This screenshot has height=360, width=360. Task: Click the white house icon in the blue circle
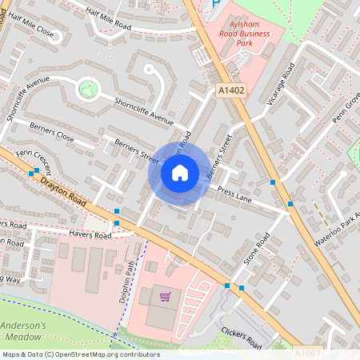point(179,173)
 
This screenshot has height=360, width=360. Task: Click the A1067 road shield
point(307,351)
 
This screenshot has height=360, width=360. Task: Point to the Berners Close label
point(51,132)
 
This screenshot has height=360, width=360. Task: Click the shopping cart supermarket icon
point(165,297)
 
